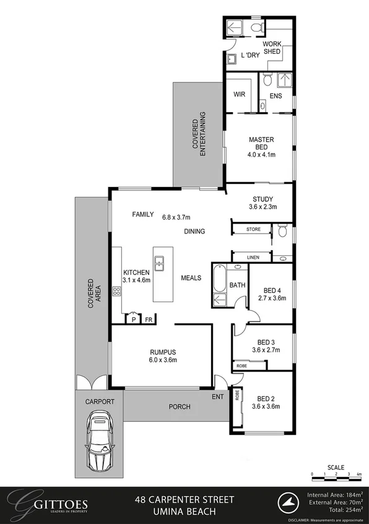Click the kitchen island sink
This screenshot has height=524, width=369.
(x=159, y=264)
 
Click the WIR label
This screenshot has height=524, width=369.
(x=240, y=95)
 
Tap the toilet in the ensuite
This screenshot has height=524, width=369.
(x=266, y=80)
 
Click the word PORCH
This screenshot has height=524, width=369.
(x=180, y=407)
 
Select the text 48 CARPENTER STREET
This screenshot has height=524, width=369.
(x=184, y=499)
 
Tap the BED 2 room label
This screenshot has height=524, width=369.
(x=267, y=403)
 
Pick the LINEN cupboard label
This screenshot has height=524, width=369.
(x=252, y=257)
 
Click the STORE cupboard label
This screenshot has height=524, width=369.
(x=253, y=230)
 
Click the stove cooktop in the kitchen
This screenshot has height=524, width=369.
(x=116, y=291)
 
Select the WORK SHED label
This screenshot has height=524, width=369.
(x=272, y=48)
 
